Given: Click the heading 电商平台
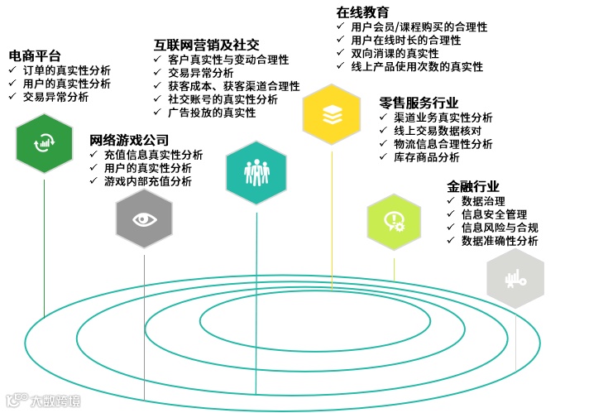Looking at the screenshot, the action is [35, 55].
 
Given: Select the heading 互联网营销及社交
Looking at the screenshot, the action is [207, 45].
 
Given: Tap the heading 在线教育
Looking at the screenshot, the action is [362, 12].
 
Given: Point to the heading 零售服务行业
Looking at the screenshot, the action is [419, 103].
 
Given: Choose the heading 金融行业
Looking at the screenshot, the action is [473, 186].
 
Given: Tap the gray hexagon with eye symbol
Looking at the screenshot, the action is [144, 219].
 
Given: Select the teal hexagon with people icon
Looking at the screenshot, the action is [256, 171].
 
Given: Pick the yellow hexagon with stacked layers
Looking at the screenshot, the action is [332, 115].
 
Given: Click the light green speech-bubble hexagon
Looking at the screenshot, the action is [394, 222].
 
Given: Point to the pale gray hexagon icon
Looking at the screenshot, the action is [515, 279].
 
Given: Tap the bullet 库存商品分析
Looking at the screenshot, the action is [426, 157].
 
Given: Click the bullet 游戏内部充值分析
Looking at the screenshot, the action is [147, 181].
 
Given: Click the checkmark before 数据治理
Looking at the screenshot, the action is [451, 201].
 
